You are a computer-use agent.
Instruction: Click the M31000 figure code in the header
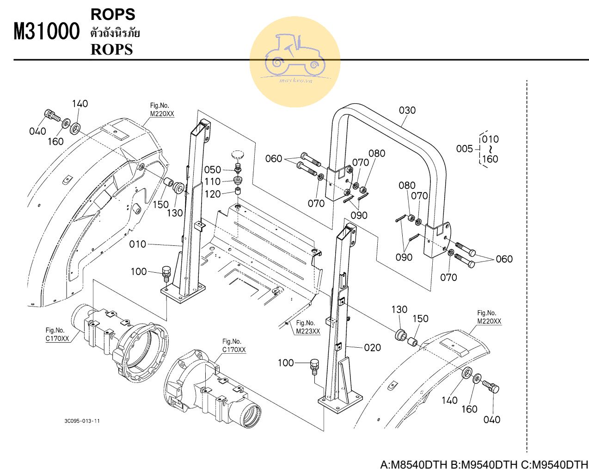pos(47,32)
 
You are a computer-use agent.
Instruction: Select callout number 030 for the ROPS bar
pos(407,110)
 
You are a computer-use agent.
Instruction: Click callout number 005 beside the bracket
pos(464,149)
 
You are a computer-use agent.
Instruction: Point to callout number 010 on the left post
pos(137,244)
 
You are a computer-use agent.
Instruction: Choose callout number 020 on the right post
pos(372,347)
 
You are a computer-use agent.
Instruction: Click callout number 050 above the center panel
pos(213,169)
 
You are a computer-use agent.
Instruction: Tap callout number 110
pos(213,181)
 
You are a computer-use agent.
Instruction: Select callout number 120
pos(213,194)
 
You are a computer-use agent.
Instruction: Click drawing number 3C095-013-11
pos(82,421)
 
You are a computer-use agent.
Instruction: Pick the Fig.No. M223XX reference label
pos(307,327)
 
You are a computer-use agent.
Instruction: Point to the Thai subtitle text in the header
pos(115,33)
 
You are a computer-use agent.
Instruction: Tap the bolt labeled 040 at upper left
pos(49,114)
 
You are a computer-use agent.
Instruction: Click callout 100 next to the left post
pos(138,271)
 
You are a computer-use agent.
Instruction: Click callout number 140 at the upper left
pos(80,104)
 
